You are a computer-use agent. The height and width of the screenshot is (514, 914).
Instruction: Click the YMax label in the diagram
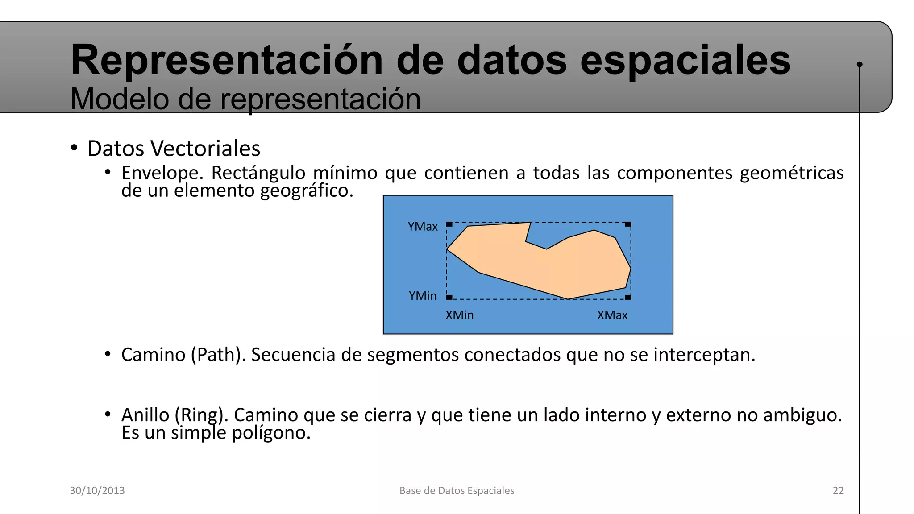pyautogui.click(x=422, y=227)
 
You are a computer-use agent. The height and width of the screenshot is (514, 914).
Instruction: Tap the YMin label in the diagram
pyautogui.click(x=422, y=296)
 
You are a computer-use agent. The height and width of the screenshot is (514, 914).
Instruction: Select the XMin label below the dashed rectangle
pyautogui.click(x=459, y=315)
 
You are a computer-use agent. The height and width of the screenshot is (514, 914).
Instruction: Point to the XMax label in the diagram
pyautogui.click(x=612, y=315)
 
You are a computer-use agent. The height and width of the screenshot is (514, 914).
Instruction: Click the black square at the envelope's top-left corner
pyautogui.click(x=449, y=224)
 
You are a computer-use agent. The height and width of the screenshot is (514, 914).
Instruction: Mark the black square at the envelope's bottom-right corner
pyautogui.click(x=628, y=297)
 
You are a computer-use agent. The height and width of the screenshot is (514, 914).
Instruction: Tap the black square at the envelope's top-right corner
pyautogui.click(x=628, y=224)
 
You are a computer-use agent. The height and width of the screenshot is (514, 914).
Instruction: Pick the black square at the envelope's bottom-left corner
pyautogui.click(x=449, y=297)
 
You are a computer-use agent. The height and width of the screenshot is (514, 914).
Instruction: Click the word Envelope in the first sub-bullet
pyautogui.click(x=162, y=173)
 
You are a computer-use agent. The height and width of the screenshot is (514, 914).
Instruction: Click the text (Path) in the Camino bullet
pyautogui.click(x=218, y=355)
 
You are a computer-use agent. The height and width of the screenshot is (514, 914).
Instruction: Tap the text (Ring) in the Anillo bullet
pyautogui.click(x=201, y=415)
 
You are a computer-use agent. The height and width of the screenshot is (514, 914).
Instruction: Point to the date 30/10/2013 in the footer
pyautogui.click(x=97, y=490)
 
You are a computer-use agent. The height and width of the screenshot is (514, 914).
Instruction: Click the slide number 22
pyautogui.click(x=838, y=490)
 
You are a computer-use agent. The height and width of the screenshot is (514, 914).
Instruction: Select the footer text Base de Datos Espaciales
pyautogui.click(x=457, y=490)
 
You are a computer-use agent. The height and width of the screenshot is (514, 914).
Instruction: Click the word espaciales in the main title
pyautogui.click(x=685, y=60)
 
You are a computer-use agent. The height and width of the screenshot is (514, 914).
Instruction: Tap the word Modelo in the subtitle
pyautogui.click(x=119, y=99)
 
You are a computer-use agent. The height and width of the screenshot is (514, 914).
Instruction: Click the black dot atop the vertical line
pyautogui.click(x=860, y=65)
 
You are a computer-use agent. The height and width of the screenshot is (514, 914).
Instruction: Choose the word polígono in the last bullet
pyautogui.click(x=271, y=433)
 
